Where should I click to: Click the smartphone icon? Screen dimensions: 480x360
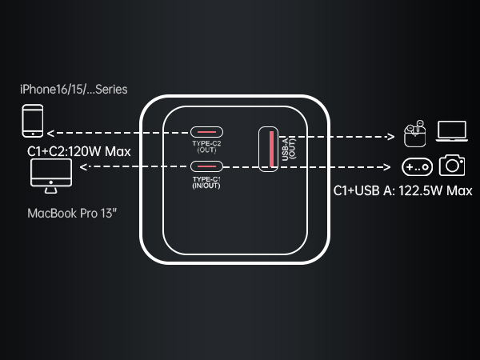[x=33, y=121]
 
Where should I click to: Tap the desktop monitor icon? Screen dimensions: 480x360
[x=51, y=176]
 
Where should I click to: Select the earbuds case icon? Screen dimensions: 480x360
[x=414, y=134]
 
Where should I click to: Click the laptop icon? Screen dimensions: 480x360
[x=452, y=131]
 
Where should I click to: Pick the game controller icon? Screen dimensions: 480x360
[x=417, y=167]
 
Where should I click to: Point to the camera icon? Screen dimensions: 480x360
[x=452, y=166]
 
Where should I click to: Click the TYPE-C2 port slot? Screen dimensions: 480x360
[x=206, y=132]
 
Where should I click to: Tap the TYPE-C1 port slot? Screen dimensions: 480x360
[x=206, y=166]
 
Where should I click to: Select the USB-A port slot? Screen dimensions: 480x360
[x=269, y=149]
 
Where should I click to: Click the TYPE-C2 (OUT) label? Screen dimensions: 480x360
[x=206, y=146]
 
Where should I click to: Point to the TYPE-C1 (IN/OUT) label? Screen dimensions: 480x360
[x=206, y=182]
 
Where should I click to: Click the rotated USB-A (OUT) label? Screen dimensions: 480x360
[x=289, y=149]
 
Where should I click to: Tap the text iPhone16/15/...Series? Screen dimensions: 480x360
[x=74, y=90]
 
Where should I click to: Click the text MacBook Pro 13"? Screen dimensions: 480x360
[x=72, y=214]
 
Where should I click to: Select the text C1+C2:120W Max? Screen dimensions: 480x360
[x=79, y=151]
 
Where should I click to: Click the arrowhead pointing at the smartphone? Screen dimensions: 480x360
[x=50, y=133]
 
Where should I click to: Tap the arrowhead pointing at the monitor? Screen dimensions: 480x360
[x=83, y=167]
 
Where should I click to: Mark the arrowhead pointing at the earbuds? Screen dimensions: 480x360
[x=391, y=137]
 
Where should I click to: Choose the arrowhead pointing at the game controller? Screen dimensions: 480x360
[x=387, y=167]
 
